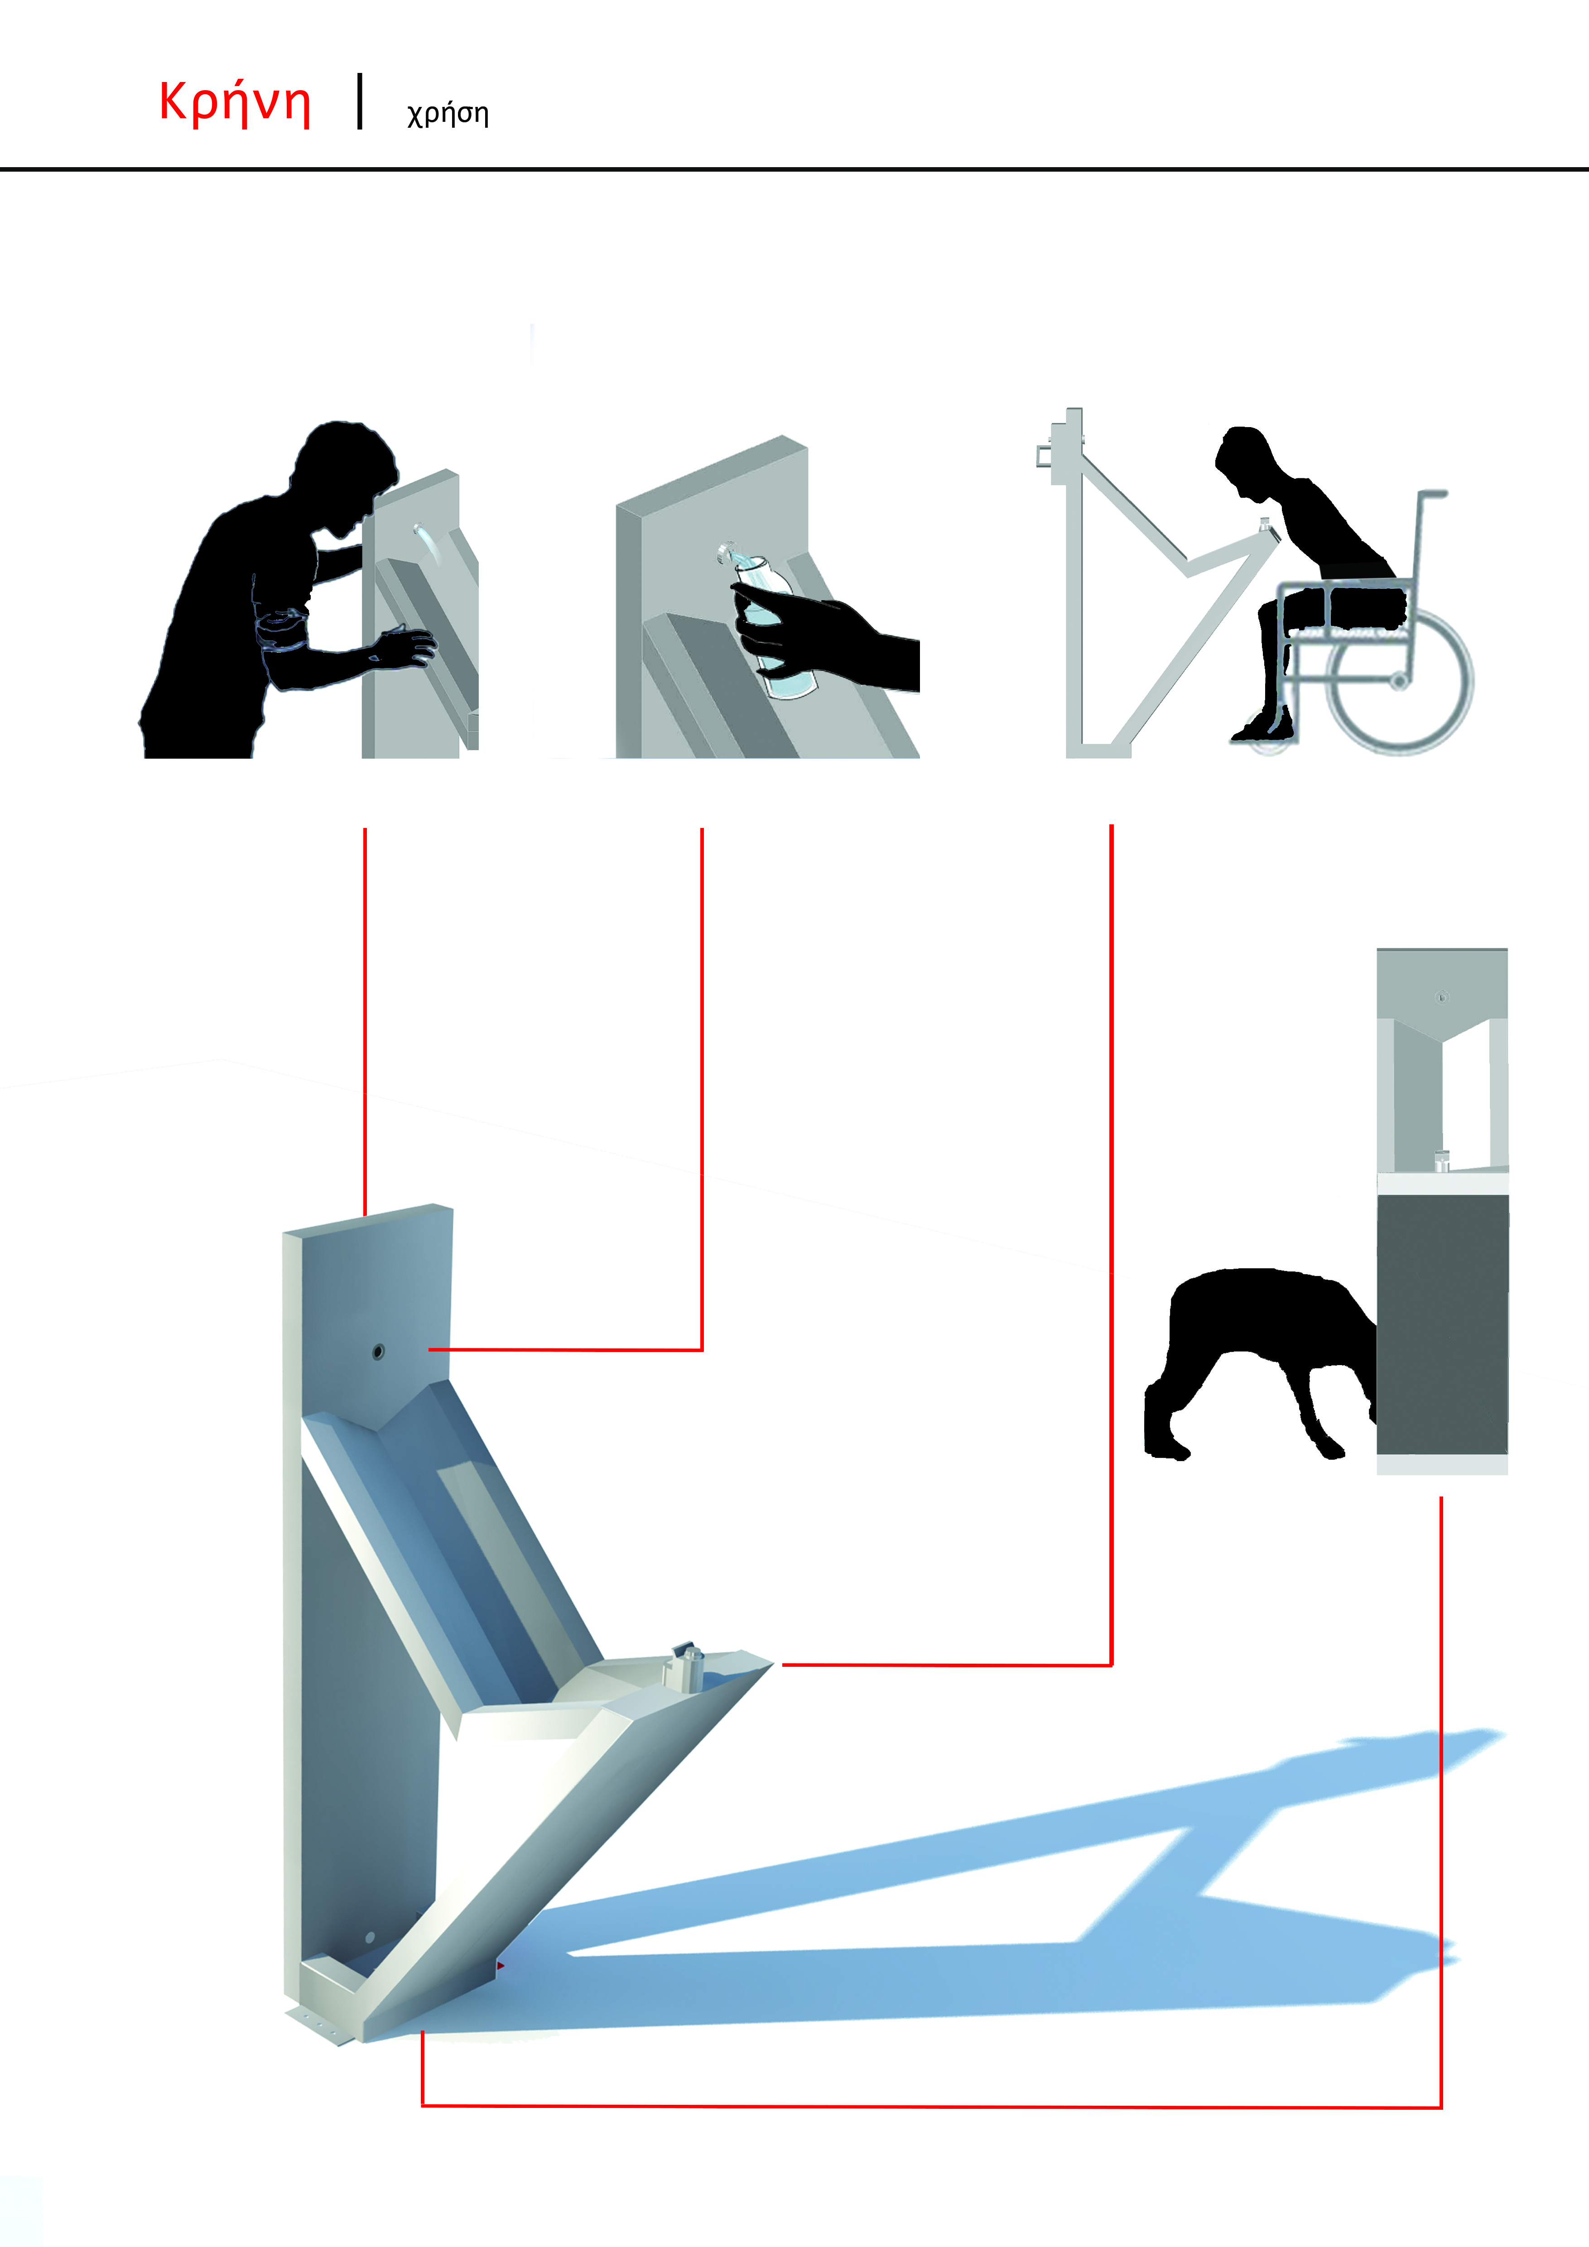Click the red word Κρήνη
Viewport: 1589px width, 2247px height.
235,102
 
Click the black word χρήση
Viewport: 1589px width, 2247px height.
447,114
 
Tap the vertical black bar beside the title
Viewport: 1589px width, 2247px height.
360,101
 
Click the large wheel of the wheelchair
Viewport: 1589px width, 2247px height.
1399,680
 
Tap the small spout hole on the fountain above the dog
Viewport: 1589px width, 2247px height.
1441,997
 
